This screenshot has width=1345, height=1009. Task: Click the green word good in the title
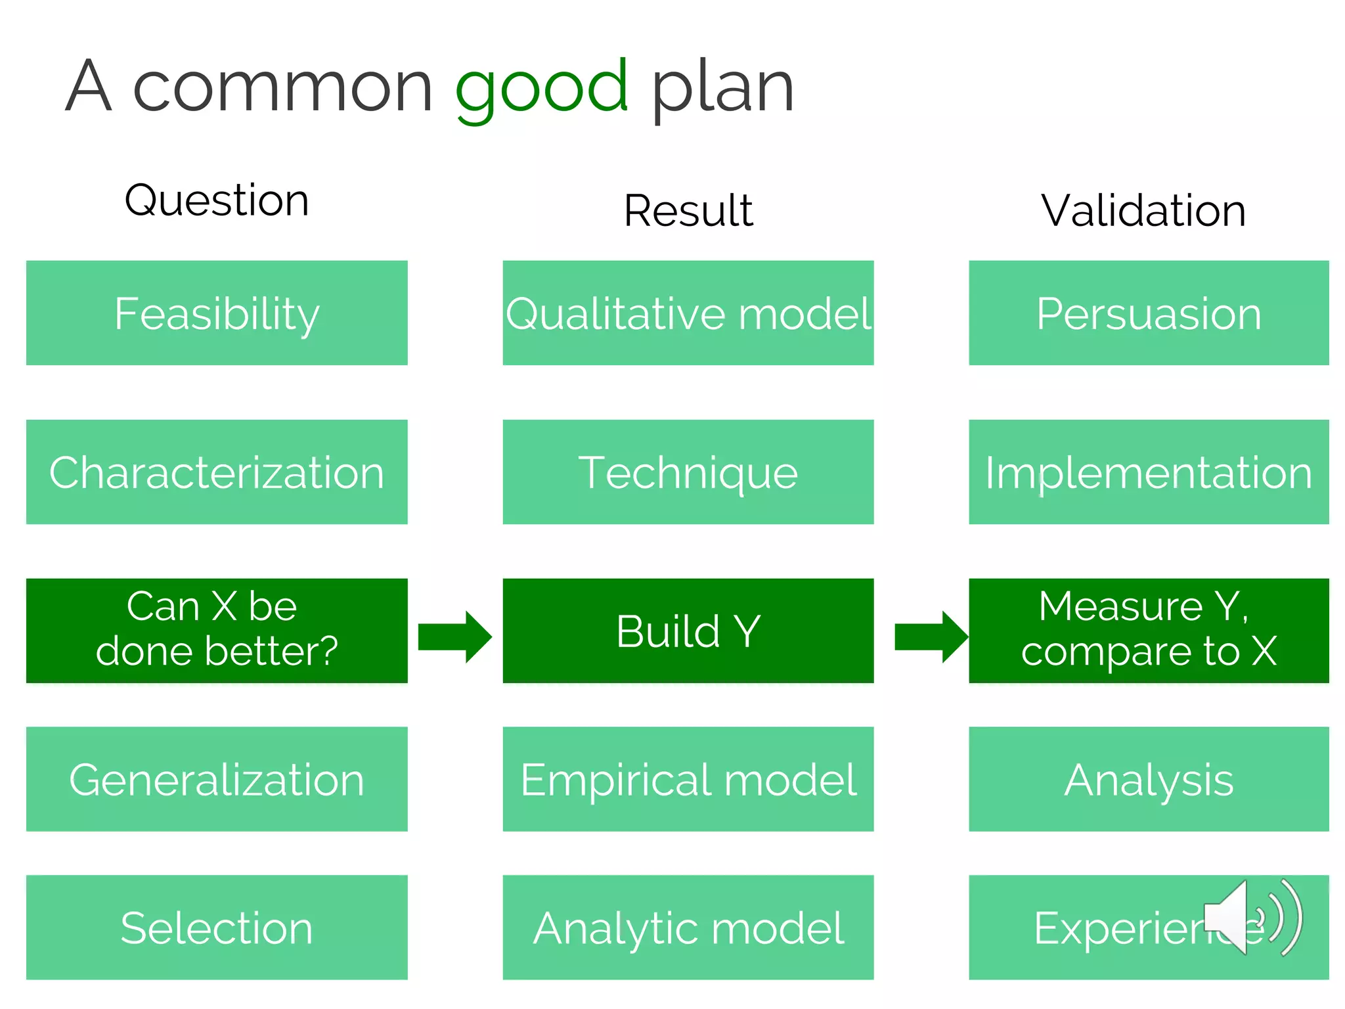pos(542,89)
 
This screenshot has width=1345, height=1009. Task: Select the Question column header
pos(217,200)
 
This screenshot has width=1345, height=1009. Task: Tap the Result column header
pos(688,211)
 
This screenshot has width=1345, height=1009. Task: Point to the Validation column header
pos(1143,211)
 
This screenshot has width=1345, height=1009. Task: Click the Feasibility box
pos(217,313)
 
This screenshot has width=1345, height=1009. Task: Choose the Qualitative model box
pos(688,313)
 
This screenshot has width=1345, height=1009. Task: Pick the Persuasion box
pos(1148,313)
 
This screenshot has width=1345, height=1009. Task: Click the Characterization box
pos(217,472)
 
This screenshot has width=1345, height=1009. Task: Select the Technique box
pos(688,472)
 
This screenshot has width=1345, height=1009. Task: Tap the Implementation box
pos(1148,472)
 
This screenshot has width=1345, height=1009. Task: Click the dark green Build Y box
pos(688,631)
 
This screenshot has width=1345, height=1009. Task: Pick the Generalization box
pos(217,779)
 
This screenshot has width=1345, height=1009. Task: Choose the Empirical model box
pos(688,779)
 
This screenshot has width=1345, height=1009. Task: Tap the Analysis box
pos(1148,779)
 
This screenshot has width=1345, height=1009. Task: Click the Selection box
pos(217,928)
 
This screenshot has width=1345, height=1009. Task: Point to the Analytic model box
pos(688,928)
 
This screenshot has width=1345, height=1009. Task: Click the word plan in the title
pos(722,89)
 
